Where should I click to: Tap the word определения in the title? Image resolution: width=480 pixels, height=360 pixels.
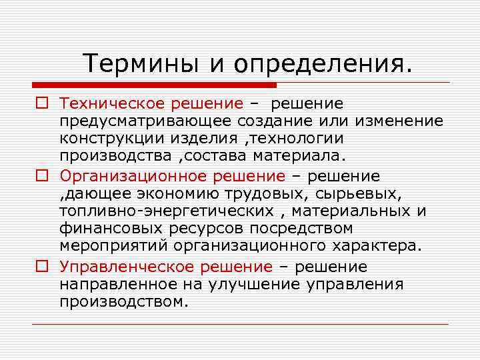coord(322,65)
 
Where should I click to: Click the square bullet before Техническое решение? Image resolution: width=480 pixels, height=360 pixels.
coord(42,104)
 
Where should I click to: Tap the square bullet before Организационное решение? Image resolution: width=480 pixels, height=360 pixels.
coord(42,177)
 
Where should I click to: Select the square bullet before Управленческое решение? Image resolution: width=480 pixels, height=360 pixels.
coord(42,267)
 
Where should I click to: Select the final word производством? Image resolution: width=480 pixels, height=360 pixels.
coord(124,302)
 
